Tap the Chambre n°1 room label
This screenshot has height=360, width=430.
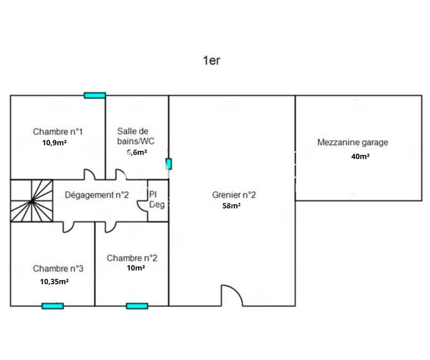point(58,131)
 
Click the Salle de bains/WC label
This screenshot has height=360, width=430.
point(133,136)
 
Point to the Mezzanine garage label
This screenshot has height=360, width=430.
point(353,142)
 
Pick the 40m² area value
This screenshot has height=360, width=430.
point(360,156)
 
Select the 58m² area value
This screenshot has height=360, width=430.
point(231,206)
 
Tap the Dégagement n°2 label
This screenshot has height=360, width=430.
point(97,195)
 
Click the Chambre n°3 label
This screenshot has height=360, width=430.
point(58,268)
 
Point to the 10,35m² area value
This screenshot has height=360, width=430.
point(54,281)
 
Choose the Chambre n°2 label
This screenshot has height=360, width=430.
point(132,258)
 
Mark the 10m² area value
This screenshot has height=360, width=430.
point(135,268)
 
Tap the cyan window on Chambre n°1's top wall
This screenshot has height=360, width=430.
point(95,95)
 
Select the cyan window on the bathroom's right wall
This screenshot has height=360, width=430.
point(169,163)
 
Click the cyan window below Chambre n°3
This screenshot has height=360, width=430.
point(53,306)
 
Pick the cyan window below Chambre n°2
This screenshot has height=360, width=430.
point(137,306)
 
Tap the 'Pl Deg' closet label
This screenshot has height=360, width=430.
point(156,199)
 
